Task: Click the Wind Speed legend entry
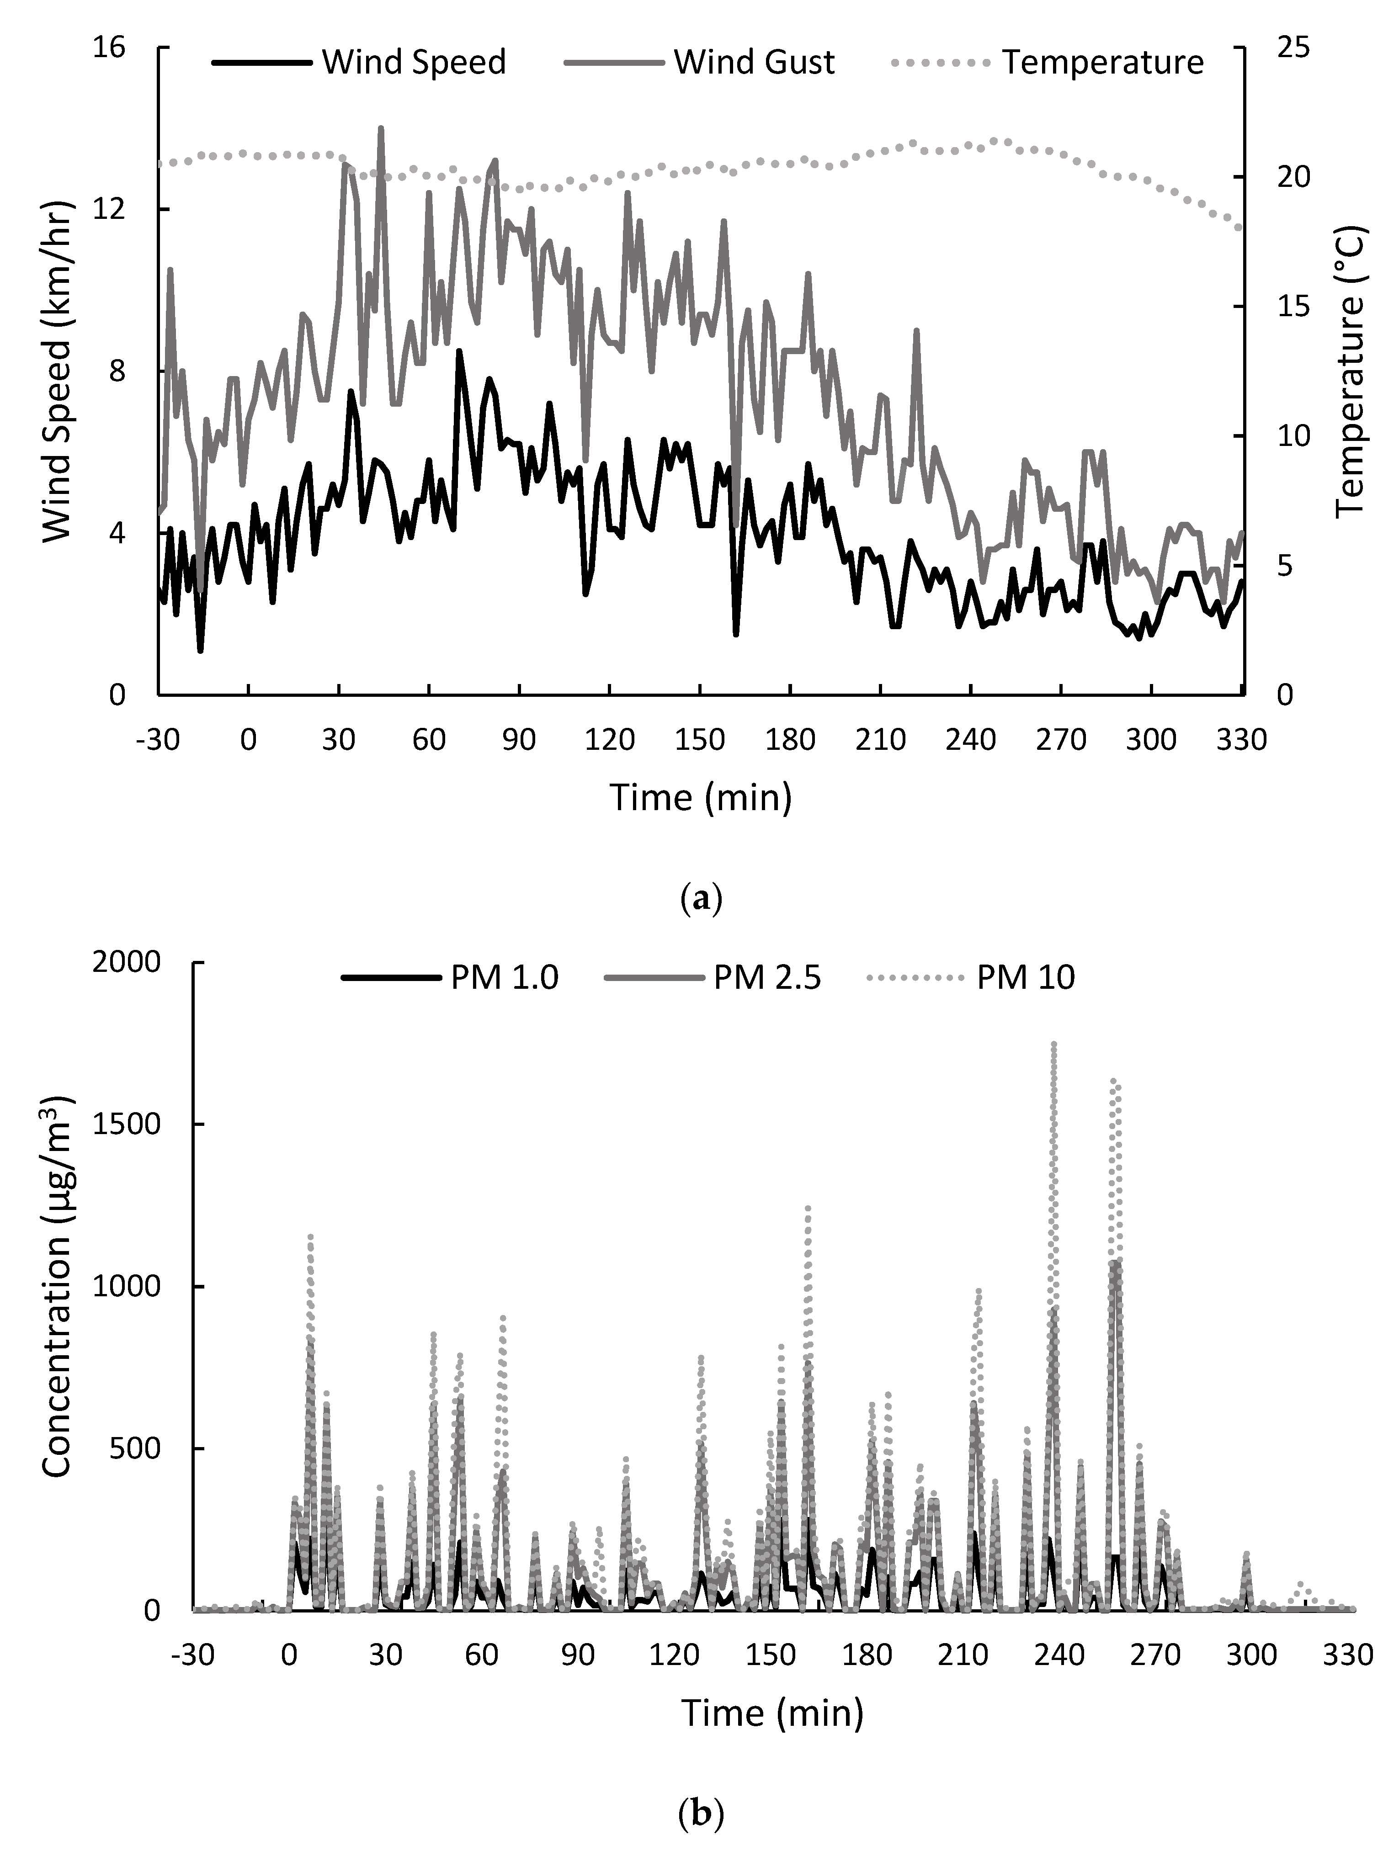(x=360, y=63)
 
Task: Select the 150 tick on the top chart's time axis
(x=700, y=740)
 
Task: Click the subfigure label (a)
(x=700, y=900)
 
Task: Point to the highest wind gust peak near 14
(x=381, y=128)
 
